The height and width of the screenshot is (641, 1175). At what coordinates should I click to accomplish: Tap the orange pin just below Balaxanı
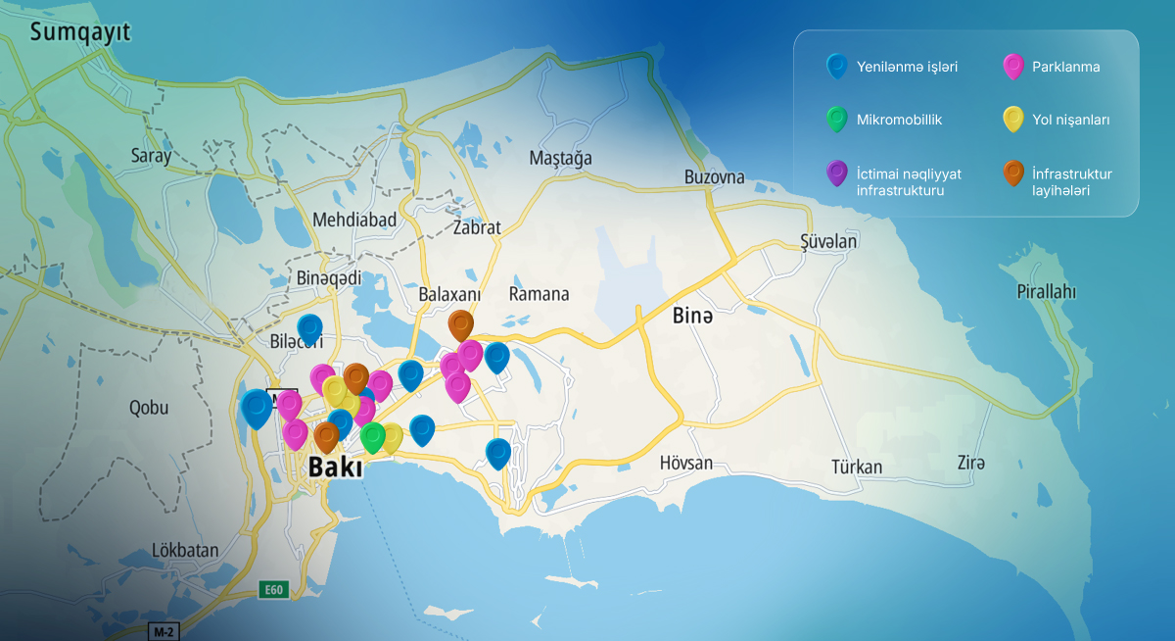click(x=460, y=323)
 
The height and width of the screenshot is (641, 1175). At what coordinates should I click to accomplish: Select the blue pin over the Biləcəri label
click(x=309, y=328)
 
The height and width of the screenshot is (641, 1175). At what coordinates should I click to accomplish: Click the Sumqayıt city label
click(x=80, y=33)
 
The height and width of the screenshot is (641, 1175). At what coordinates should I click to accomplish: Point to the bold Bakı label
click(x=335, y=468)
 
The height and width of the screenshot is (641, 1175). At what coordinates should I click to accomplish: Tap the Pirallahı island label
click(x=1046, y=292)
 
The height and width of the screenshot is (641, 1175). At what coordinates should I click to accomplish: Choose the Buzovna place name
click(x=714, y=177)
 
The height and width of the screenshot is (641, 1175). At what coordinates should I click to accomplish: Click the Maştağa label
click(x=560, y=158)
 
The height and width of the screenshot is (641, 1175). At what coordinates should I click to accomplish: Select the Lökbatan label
click(x=186, y=550)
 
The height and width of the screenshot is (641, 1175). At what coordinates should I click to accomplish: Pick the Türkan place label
click(x=857, y=467)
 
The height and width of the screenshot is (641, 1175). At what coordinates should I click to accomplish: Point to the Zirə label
click(x=971, y=463)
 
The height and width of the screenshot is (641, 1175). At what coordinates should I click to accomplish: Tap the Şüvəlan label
click(x=828, y=242)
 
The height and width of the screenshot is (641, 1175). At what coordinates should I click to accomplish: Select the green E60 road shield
click(x=273, y=590)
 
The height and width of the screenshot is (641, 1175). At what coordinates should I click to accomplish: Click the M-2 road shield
click(x=163, y=629)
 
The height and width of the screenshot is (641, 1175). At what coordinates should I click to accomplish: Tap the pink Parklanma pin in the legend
click(x=1013, y=67)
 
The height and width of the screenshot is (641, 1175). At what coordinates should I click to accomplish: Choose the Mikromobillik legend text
click(x=899, y=120)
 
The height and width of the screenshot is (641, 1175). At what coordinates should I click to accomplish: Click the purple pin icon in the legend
click(x=836, y=173)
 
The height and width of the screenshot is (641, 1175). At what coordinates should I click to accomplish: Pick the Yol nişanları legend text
click(x=1070, y=120)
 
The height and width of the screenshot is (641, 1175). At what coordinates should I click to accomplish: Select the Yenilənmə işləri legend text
click(x=907, y=67)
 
